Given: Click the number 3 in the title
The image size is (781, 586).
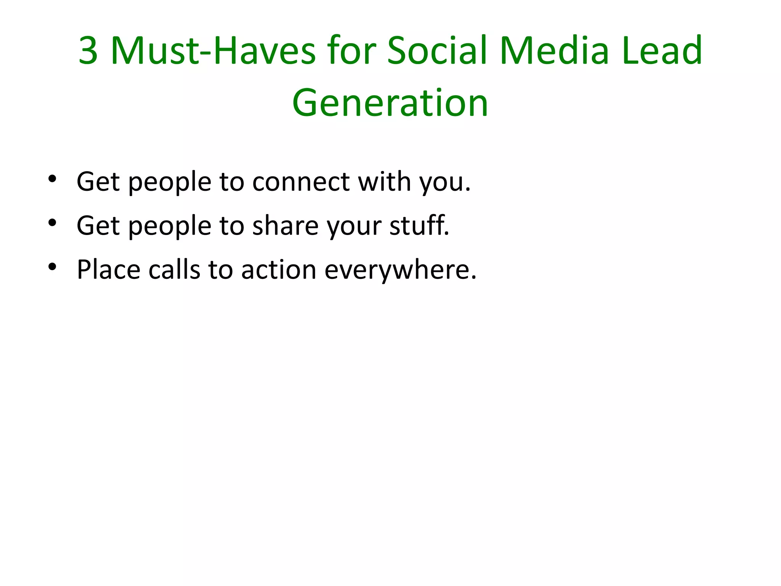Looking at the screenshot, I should [88, 50].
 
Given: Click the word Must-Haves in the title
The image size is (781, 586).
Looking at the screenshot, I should [213, 50].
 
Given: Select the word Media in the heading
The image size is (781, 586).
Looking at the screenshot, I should [554, 50].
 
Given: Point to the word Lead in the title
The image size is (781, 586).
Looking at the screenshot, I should [662, 50].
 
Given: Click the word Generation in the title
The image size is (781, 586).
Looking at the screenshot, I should [390, 103].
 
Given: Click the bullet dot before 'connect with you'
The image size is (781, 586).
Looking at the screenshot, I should [53, 179].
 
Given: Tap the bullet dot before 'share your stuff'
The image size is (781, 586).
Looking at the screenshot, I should [53, 223].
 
